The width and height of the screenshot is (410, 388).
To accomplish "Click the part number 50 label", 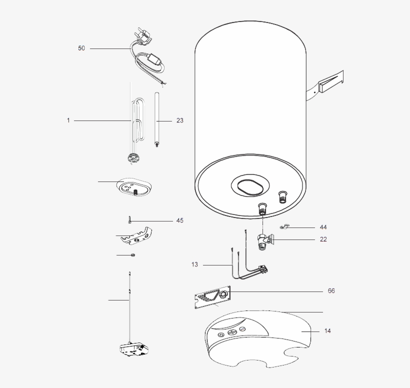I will [x=81, y=48].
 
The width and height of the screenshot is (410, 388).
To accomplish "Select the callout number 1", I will [x=68, y=120].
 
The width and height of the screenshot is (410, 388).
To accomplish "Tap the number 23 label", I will [x=180, y=120].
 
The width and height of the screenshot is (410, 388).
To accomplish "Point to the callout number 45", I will [x=179, y=220].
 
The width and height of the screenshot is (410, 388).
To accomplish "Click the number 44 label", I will [x=323, y=227].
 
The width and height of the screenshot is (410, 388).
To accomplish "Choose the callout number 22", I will [x=323, y=239].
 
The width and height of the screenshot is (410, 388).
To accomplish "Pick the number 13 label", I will [x=194, y=264].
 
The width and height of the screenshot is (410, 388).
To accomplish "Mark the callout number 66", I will [x=331, y=291].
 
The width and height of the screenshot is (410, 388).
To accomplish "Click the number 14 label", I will [x=327, y=331].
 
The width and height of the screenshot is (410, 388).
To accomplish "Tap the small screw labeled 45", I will [x=129, y=220].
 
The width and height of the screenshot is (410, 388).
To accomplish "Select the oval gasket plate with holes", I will [x=133, y=187].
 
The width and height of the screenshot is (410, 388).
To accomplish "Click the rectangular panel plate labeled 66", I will [x=212, y=297].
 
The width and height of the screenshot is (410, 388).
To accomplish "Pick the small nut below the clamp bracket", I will [x=132, y=255].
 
